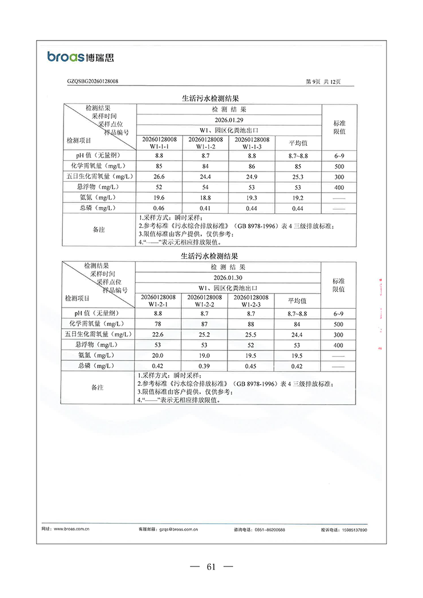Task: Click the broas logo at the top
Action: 80,57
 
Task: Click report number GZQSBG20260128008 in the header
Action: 93,82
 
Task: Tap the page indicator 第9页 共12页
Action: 324,82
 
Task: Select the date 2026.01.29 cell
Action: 229,120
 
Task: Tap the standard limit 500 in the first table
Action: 338,166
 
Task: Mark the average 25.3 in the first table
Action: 297,176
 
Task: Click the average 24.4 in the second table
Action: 297,334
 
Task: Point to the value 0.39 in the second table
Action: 204,366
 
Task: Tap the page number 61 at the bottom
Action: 211,567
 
